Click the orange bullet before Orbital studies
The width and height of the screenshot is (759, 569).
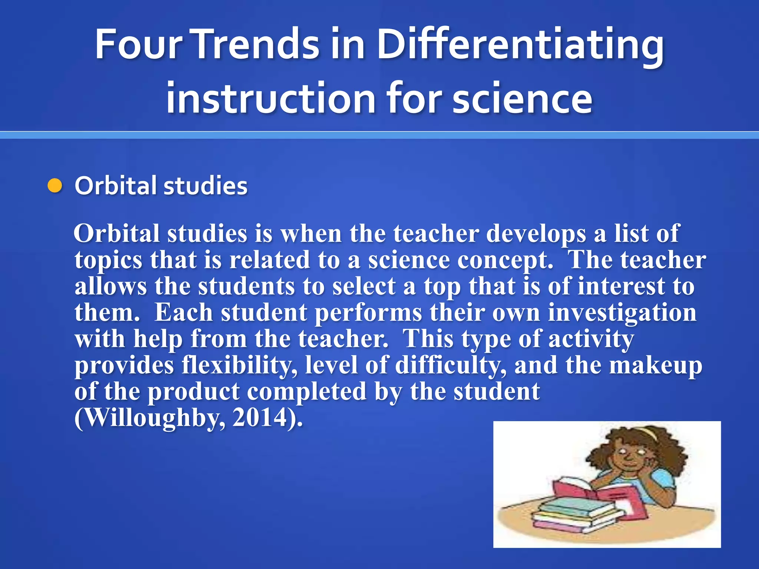(x=55, y=186)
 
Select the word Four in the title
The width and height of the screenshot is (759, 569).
(x=139, y=44)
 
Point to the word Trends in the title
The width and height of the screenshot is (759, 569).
(x=255, y=44)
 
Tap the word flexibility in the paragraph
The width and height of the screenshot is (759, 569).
(x=239, y=366)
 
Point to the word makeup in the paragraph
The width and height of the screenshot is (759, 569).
(x=656, y=366)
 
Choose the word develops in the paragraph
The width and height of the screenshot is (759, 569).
(x=536, y=234)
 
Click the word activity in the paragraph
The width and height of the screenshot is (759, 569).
(x=591, y=339)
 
